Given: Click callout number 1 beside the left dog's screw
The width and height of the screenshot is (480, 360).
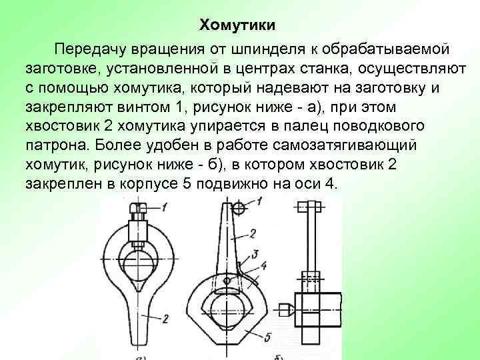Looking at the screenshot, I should pos(164,211).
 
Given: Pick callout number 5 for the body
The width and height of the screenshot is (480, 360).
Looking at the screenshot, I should pos(268,335).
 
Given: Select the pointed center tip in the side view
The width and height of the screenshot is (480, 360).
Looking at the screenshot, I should pos(285,310).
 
